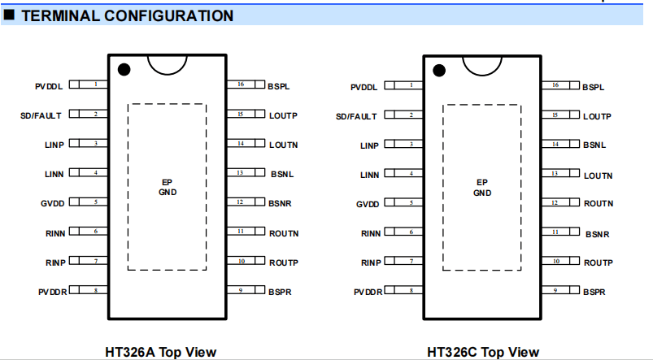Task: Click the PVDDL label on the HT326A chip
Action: click(49, 87)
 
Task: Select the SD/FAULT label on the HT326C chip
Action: click(356, 116)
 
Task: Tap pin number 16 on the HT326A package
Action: click(241, 84)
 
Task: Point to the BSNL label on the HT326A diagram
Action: click(282, 174)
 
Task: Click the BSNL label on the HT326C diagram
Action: click(594, 145)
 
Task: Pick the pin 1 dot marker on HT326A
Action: click(124, 70)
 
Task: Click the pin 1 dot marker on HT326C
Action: click(439, 71)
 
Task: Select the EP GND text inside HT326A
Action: click(168, 187)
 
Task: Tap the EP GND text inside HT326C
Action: click(482, 188)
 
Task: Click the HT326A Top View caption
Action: click(161, 352)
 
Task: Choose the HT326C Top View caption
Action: click(483, 352)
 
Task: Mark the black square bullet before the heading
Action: click(9, 15)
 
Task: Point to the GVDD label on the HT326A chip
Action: click(53, 203)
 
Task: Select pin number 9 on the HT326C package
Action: click(555, 290)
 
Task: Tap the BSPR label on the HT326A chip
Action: click(280, 293)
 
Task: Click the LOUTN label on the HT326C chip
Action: click(598, 176)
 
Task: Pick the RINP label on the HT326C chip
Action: click(371, 263)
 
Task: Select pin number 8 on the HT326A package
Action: click(96, 290)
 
